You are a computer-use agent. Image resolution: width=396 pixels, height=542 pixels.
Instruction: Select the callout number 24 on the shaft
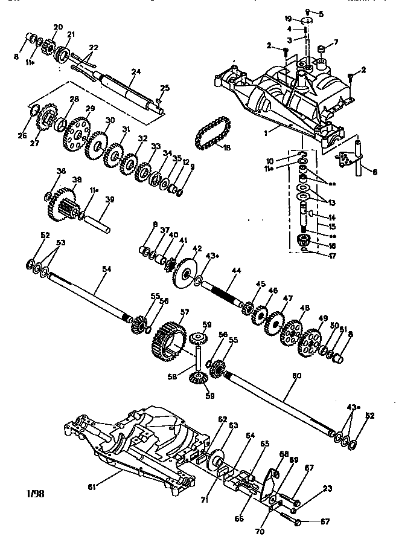pyautogui.click(x=135, y=72)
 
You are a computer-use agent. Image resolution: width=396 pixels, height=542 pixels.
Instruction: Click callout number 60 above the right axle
pyautogui.click(x=296, y=375)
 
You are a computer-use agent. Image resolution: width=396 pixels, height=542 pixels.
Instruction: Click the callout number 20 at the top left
pyautogui.click(x=58, y=27)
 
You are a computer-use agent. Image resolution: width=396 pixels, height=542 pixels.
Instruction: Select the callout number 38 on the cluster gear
pyautogui.click(x=77, y=179)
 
